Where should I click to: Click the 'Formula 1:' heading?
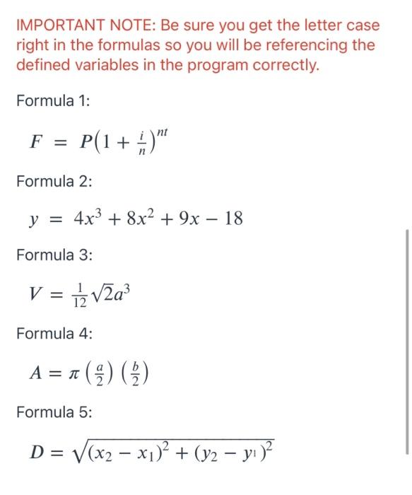53,101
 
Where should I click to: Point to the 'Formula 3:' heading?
54,253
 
